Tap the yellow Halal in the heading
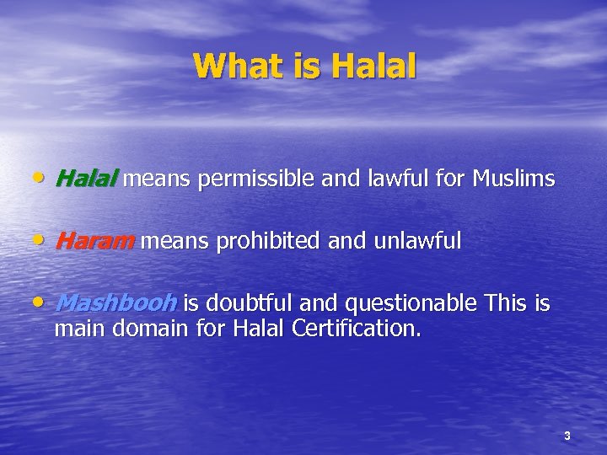point(373,66)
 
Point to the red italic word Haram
point(94,241)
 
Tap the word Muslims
point(513,179)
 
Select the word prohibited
point(270,241)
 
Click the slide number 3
point(567,436)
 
